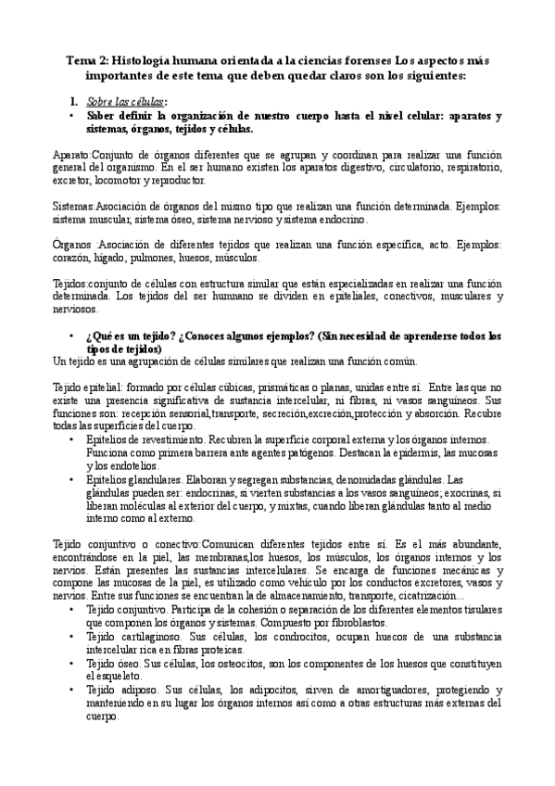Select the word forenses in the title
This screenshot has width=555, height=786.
pos(347,59)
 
